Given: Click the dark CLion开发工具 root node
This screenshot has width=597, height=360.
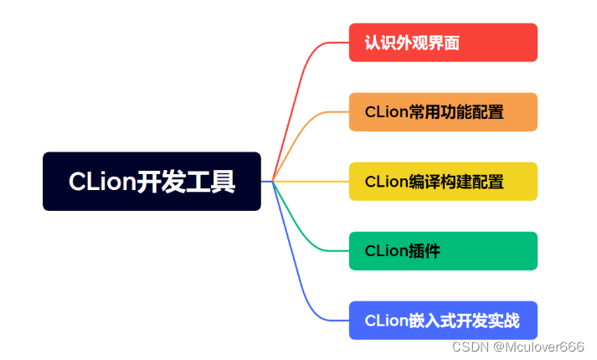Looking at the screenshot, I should tap(152, 181).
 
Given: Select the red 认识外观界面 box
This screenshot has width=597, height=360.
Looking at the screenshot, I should tap(443, 42).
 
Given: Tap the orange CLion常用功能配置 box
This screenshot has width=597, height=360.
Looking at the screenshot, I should tap(443, 111).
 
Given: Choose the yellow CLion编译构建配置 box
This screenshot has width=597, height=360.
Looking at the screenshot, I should tap(443, 181).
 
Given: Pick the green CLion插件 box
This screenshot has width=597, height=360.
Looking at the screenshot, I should tap(443, 250).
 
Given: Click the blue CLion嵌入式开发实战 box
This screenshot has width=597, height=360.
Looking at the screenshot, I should tap(443, 320).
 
